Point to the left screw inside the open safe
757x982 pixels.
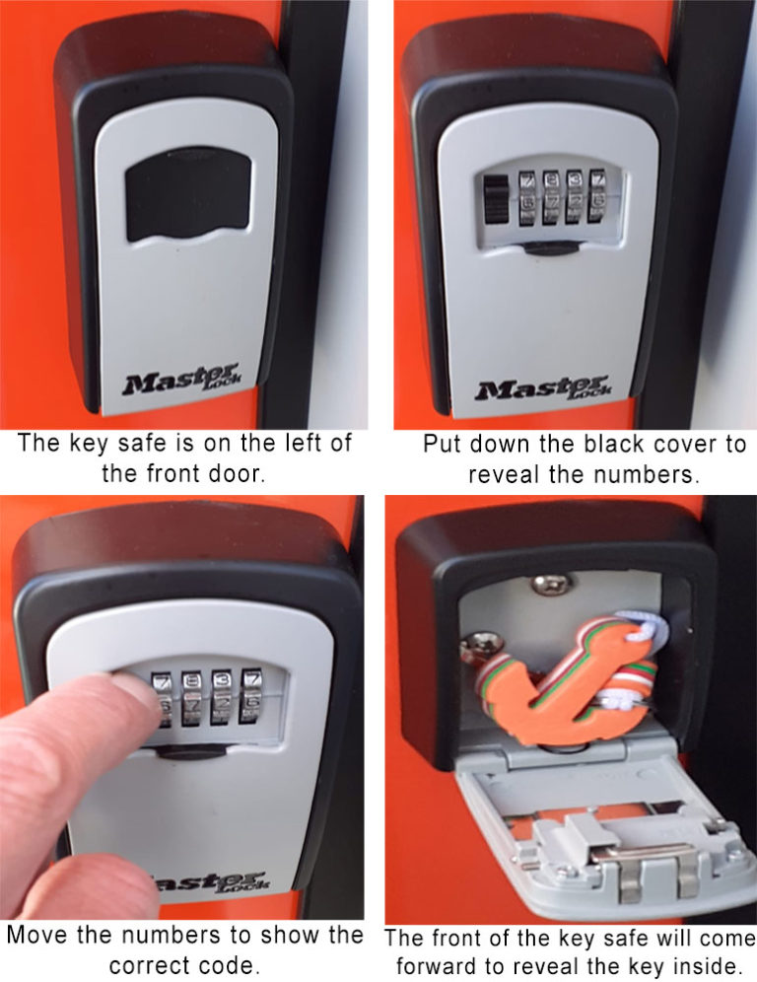(478, 646)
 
